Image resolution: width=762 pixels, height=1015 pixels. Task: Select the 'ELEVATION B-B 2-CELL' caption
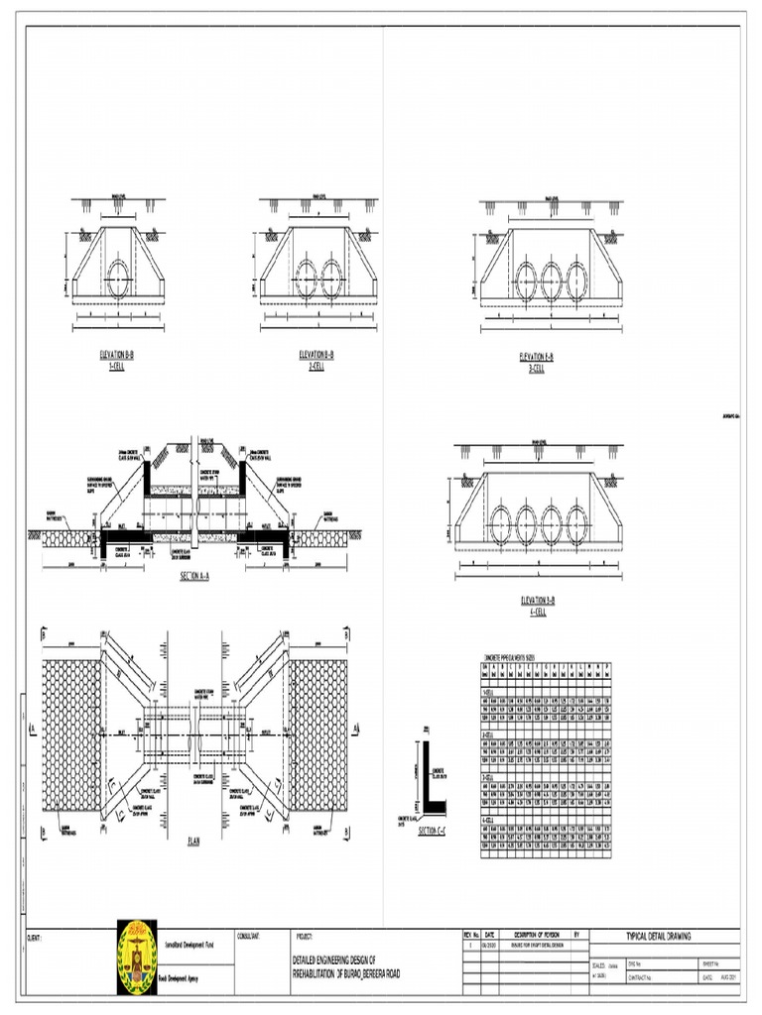click(317, 359)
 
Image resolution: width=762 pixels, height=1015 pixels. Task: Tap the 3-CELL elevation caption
click(537, 361)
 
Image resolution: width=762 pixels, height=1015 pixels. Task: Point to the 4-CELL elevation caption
click(537, 606)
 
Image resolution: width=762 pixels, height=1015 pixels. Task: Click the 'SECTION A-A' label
click(199, 577)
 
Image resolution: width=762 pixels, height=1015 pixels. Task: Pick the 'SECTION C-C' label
click(433, 831)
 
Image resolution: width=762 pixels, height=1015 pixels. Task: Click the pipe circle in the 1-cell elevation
click(118, 277)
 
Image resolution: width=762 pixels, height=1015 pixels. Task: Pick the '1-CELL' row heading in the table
click(491, 691)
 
